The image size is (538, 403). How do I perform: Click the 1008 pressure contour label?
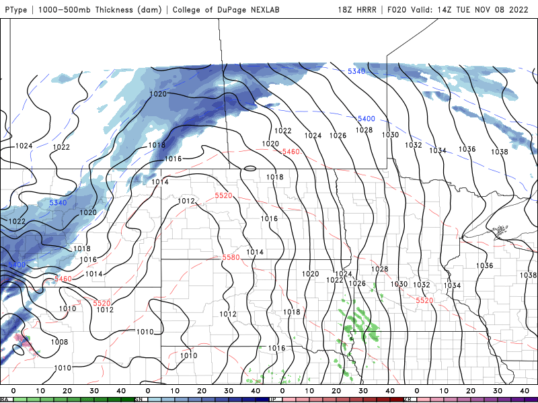pos(59,342)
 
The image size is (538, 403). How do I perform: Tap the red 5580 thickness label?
pos(231,258)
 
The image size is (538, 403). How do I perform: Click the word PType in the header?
pos(15,10)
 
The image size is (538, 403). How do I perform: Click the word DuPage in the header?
pos(232,10)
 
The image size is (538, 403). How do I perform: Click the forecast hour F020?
pos(398,10)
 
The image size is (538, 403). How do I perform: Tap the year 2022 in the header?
pos(524,10)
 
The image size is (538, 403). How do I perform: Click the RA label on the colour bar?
pos(5,400)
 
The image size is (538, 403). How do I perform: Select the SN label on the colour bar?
pos(139,400)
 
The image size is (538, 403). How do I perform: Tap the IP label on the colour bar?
pos(273,400)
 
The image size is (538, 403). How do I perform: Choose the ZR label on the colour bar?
pos(408,400)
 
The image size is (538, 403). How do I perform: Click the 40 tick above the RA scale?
pos(121,390)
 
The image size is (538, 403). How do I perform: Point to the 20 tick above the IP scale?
pos(336,390)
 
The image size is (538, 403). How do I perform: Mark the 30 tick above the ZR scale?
pos(498,390)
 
